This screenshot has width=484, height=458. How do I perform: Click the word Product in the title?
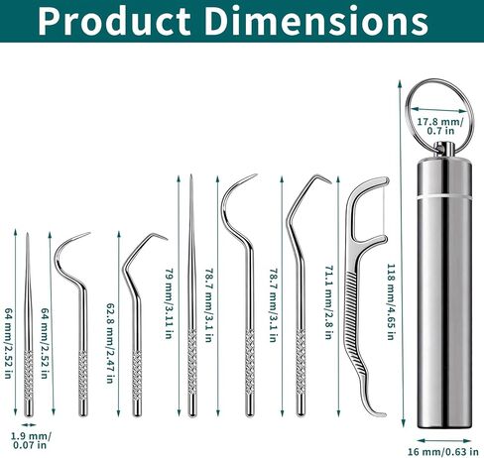click(x=114, y=21)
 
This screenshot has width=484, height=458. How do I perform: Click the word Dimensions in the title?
click(x=316, y=21)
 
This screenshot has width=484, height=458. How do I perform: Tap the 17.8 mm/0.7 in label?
click(x=440, y=126)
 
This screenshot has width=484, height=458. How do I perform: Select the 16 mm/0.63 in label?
click(x=443, y=451)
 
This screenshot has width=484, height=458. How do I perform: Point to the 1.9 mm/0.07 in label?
click(x=30, y=440)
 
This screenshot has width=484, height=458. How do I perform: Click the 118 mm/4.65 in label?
click(x=391, y=301)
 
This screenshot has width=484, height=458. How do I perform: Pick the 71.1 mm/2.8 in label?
click(x=328, y=302)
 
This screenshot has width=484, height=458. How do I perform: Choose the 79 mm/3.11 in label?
click(x=169, y=303)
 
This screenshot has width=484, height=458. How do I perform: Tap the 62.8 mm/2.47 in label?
click(x=111, y=343)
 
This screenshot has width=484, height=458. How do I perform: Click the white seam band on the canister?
click(x=444, y=196)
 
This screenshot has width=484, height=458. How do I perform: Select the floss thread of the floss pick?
click(x=385, y=209)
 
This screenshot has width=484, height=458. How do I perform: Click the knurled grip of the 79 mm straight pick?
click(x=192, y=361)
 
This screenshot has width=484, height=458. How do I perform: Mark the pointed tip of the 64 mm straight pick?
click(x=28, y=233)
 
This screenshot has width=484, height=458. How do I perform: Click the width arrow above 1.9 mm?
click(x=29, y=424)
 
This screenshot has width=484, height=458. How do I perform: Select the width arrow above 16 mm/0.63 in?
click(x=444, y=440)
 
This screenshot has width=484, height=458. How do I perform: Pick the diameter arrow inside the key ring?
click(x=439, y=110)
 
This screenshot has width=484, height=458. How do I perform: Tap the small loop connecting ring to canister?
click(x=443, y=149)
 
